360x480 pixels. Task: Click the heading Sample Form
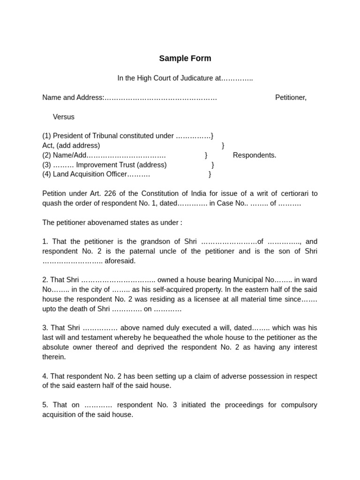click(x=185, y=59)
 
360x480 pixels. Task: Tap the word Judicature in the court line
click(x=197, y=78)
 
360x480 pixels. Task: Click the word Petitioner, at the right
click(x=291, y=97)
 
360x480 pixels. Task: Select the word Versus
click(x=63, y=117)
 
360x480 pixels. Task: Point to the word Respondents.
click(x=255, y=155)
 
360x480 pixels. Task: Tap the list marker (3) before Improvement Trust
click(x=46, y=165)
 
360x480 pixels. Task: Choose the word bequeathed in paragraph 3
click(x=177, y=338)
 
